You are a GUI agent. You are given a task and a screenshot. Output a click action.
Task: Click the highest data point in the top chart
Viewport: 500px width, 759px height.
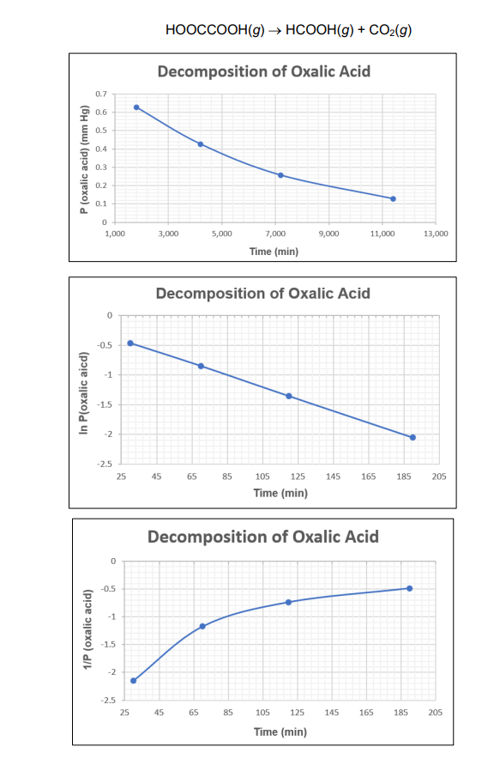click(x=136, y=107)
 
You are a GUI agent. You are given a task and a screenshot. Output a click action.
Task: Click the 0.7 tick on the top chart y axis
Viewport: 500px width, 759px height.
click(x=100, y=93)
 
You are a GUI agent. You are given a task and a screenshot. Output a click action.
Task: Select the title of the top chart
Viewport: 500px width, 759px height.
click(x=263, y=70)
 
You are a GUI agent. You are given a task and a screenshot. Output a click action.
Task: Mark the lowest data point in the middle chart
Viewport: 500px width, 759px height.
click(x=413, y=437)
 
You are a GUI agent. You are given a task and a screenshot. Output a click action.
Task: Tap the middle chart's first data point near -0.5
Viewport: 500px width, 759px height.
click(x=130, y=343)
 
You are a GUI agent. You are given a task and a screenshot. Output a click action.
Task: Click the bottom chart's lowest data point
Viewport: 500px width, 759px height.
click(x=133, y=681)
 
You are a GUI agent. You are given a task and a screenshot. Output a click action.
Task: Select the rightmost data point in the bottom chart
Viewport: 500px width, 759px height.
click(x=410, y=588)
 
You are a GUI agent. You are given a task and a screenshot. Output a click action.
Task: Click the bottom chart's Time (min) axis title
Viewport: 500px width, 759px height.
click(x=280, y=732)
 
